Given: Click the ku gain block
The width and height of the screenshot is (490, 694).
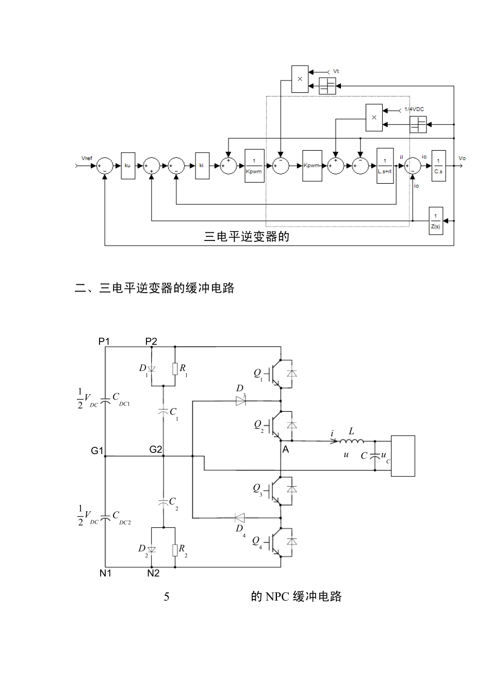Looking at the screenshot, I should coord(128,166).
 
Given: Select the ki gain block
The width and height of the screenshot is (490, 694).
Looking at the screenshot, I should coord(202,166).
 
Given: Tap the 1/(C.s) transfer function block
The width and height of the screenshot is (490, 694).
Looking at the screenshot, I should coord(438,166).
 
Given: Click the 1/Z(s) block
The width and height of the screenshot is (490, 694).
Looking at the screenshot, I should coord(436,221).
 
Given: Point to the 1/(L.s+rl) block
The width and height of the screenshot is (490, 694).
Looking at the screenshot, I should coord(385,166).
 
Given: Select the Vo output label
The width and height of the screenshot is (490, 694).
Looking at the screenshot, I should coord(462,158).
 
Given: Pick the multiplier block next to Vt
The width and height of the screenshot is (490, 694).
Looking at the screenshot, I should coord(300,79).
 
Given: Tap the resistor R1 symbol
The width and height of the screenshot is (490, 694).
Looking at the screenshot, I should coord(175,368).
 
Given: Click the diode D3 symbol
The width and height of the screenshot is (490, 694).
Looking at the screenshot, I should coord(240,401).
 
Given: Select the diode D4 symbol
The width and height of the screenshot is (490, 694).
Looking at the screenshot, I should coord(240,517).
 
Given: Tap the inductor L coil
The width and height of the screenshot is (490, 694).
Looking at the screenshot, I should coord(352,441).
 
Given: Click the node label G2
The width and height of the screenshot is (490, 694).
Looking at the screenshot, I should coord(156,449).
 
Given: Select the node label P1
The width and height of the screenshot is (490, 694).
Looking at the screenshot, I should coord(104,341).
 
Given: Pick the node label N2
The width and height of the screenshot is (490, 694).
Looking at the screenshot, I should coord(153,573).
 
